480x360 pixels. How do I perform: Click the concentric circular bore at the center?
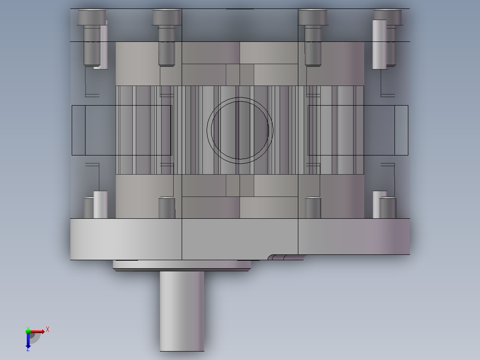point(240,130)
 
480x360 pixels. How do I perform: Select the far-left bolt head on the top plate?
point(92,17)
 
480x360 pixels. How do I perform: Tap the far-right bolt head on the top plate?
point(388,17)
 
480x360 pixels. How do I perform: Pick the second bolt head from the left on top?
point(167,17)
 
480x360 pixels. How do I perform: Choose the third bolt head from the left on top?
point(313,17)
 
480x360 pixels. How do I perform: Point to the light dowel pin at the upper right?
point(379,45)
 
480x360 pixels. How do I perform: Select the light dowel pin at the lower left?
point(100,205)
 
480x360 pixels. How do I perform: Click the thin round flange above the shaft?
point(182,266)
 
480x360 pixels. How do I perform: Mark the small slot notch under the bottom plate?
point(285,257)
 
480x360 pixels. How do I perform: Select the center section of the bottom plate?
point(240,238)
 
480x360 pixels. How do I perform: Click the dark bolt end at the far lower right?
point(388,208)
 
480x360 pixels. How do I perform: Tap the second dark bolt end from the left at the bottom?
point(167,208)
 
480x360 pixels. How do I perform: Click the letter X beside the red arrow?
point(48,329)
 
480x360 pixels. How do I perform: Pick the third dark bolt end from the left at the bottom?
point(313,208)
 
